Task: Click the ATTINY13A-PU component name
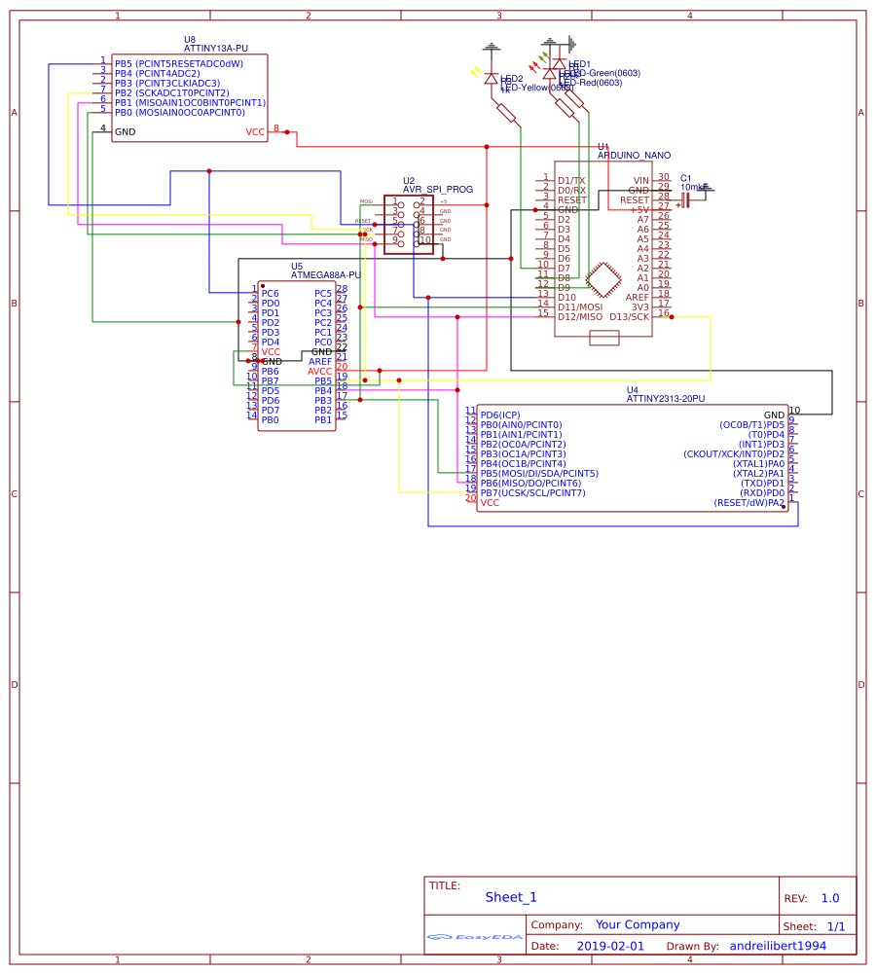215,48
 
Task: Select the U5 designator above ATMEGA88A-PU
297,266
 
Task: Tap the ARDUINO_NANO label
634,155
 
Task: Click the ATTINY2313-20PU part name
667,399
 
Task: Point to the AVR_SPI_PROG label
438,190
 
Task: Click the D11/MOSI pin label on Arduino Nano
580,307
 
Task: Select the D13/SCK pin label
629,316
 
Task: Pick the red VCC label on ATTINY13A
255,131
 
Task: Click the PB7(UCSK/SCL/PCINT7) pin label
532,493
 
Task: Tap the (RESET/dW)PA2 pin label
748,503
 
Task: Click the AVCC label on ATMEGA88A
320,371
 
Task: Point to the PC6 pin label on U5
270,293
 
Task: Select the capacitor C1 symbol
685,199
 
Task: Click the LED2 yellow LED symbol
491,79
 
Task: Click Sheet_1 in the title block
511,898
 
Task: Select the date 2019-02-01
610,946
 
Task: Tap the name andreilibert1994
778,946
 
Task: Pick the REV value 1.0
829,899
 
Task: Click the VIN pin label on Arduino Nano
640,180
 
